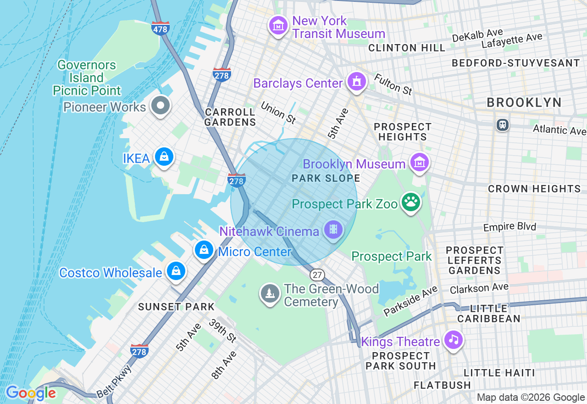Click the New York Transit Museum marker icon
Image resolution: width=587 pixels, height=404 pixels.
tap(278, 26)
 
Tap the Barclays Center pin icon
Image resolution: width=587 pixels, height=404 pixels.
tap(356, 82)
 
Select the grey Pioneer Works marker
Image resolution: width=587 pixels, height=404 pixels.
tap(161, 106)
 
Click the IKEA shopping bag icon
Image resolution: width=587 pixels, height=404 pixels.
tap(164, 157)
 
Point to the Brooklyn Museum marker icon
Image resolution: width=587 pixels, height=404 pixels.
tap(419, 162)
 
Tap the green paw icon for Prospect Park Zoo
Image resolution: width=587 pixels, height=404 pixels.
tap(411, 202)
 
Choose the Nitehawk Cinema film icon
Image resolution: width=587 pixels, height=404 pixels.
tap(333, 229)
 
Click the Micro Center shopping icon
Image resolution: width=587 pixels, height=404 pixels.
tap(204, 250)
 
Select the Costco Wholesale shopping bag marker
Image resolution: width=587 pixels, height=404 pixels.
tap(176, 271)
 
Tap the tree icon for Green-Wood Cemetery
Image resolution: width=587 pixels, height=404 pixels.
tap(270, 293)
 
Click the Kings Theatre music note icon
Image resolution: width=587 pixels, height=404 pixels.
tap(454, 340)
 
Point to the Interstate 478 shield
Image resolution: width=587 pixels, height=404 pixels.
tap(160, 28)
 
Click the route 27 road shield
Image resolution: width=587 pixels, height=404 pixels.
tap(317, 275)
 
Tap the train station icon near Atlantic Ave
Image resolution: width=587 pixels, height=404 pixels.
tap(503, 124)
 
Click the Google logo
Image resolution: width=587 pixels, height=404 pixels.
tap(31, 393)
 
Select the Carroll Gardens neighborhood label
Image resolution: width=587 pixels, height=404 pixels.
tap(230, 117)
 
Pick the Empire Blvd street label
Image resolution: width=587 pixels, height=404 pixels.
tap(509, 227)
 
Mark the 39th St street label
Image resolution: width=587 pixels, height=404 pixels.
tap(222, 331)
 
